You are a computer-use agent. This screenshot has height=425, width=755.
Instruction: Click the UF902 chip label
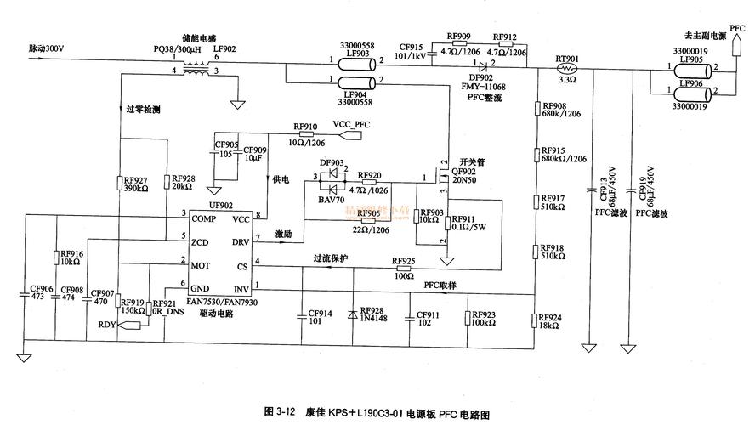[220, 206]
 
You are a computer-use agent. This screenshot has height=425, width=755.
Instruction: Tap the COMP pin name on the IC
[204, 218]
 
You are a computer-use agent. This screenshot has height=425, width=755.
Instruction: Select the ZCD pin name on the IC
[201, 242]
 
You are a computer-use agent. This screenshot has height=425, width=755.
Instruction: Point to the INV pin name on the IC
[241, 289]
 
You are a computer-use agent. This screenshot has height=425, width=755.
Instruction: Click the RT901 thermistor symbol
[567, 65]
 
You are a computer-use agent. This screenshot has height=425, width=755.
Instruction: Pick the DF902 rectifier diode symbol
[482, 65]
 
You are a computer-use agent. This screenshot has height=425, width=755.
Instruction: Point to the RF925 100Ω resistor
[403, 268]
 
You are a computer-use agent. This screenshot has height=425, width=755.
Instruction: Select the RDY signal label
[106, 324]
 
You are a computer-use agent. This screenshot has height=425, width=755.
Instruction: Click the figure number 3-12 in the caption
[286, 412]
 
